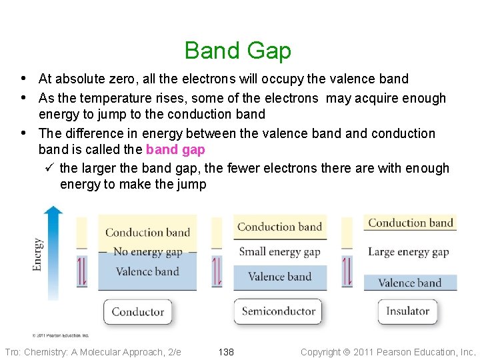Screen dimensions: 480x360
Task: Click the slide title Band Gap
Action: pyautogui.click(x=238, y=51)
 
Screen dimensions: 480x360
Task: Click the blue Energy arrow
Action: pyautogui.click(x=53, y=253)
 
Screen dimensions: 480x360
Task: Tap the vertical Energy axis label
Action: pyautogui.click(x=38, y=254)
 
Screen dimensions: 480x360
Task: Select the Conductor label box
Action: pyautogui.click(x=138, y=312)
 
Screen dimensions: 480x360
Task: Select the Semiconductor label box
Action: pyautogui.click(x=279, y=311)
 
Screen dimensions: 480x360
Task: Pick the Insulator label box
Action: pyautogui.click(x=407, y=311)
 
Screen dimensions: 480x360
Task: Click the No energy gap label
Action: pyautogui.click(x=147, y=252)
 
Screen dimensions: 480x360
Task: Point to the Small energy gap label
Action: pyautogui.click(x=279, y=251)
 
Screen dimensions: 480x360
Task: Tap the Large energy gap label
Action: pyautogui.click(x=408, y=252)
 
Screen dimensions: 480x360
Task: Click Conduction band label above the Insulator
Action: pyautogui.click(x=411, y=223)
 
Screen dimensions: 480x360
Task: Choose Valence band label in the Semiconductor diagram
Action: pyautogui.click(x=279, y=277)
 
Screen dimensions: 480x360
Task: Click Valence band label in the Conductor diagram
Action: pyautogui.click(x=147, y=271)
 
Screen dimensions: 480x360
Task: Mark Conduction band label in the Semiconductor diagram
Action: pyautogui.click(x=279, y=227)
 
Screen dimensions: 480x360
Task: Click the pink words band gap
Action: pyautogui.click(x=175, y=150)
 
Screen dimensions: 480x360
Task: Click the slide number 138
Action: pyautogui.click(x=227, y=352)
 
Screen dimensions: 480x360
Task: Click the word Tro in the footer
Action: pyautogui.click(x=11, y=352)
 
